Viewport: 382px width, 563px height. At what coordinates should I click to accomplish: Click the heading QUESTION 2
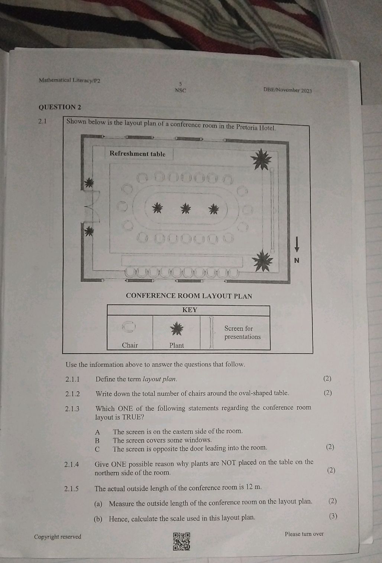click(x=60, y=107)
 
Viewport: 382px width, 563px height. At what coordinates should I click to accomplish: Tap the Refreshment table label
click(x=137, y=154)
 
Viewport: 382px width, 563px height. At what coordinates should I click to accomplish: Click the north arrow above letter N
click(x=297, y=244)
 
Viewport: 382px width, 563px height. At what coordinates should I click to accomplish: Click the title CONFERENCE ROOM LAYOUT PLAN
click(x=189, y=296)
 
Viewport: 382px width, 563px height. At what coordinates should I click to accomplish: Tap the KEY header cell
click(x=190, y=310)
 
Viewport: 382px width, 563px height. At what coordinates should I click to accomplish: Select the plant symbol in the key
click(x=177, y=328)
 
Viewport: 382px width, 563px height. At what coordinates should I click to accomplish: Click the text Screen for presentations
click(x=242, y=333)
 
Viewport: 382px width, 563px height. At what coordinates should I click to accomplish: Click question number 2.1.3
click(x=72, y=409)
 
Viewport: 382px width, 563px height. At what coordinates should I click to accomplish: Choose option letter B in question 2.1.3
click(x=97, y=440)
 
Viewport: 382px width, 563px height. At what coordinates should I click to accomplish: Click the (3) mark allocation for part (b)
click(x=333, y=516)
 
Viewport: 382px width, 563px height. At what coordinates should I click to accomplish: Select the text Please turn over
click(x=304, y=534)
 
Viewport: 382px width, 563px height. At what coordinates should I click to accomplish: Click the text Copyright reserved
click(x=58, y=537)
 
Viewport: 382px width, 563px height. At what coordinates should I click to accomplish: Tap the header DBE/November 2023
click(x=287, y=90)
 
